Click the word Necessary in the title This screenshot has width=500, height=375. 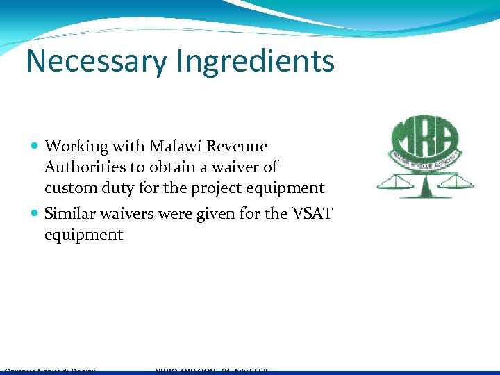coord(96,61)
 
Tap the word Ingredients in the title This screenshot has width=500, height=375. coord(255,61)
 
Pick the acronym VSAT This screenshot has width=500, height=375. coord(312,214)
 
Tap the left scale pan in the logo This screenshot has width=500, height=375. coord(393,185)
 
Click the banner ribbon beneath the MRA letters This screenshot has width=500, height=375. coord(425,158)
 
